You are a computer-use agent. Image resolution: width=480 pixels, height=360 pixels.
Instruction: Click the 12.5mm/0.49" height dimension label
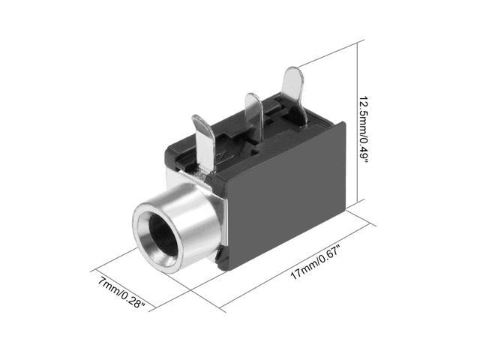(x=363, y=130)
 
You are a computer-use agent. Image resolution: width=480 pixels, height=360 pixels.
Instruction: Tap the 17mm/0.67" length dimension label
(x=315, y=263)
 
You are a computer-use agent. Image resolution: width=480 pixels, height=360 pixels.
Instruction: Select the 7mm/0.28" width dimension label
(x=121, y=292)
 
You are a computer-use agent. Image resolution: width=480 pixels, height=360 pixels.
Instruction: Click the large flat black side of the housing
(x=286, y=196)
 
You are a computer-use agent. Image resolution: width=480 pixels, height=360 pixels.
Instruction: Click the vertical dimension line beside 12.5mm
(x=358, y=121)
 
